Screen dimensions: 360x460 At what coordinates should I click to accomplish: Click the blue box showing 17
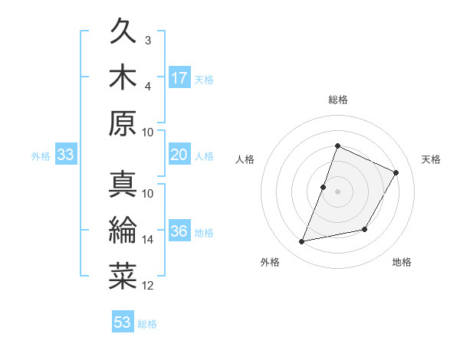coord(179,77)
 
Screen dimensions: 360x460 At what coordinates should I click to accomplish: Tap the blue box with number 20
coord(179,155)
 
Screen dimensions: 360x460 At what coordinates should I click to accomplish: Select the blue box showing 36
coord(179,232)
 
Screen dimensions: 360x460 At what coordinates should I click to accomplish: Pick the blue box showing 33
coord(65,155)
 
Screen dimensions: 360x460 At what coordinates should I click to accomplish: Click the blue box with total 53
coord(123,322)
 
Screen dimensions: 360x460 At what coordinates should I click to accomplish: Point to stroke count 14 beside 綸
coord(148,240)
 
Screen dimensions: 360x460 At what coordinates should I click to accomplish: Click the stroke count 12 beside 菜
coord(148,286)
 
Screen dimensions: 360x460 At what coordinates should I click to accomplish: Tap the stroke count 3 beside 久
coord(148,40)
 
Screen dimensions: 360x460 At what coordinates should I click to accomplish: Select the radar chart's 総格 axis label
coord(338,100)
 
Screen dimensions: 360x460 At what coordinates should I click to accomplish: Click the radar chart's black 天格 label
coord(432,159)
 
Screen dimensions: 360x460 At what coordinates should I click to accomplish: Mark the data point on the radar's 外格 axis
coord(302,242)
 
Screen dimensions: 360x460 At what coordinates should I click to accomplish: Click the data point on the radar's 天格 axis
coord(396,172)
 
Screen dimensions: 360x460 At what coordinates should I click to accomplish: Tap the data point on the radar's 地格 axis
coord(365,230)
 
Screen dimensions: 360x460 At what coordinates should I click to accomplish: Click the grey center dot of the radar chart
coord(338,191)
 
